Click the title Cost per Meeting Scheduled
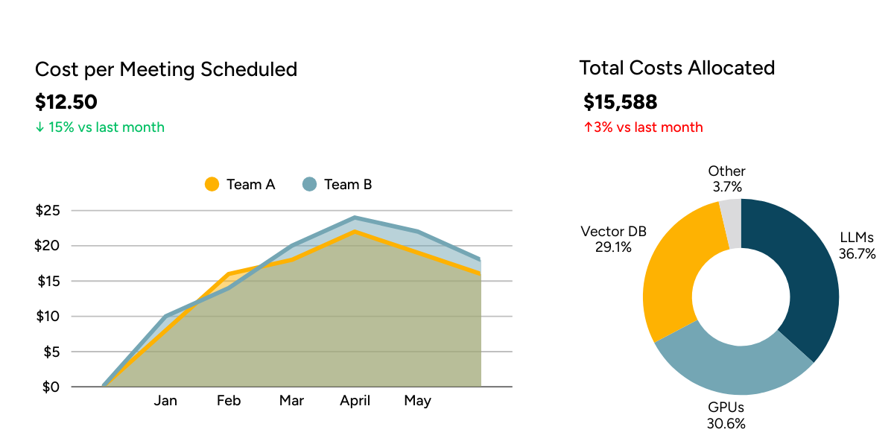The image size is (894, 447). pyautogui.click(x=166, y=69)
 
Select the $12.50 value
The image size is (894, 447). pyautogui.click(x=66, y=102)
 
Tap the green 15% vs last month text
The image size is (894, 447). pyautogui.click(x=100, y=127)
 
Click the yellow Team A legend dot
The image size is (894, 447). pyautogui.click(x=212, y=184)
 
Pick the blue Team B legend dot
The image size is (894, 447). pyautogui.click(x=310, y=184)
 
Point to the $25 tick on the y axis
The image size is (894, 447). pyautogui.click(x=48, y=210)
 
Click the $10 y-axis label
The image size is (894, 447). pyautogui.click(x=48, y=316)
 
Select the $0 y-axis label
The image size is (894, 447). pyautogui.click(x=51, y=387)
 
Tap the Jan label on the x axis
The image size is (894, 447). pyautogui.click(x=165, y=401)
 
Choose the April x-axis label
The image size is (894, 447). pyautogui.click(x=355, y=401)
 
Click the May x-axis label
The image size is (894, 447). pyautogui.click(x=417, y=401)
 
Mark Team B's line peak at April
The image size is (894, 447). pyautogui.click(x=355, y=218)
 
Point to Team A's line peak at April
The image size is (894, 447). pyautogui.click(x=355, y=231)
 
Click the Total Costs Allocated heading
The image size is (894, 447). pyautogui.click(x=677, y=68)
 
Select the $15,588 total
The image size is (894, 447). pyautogui.click(x=621, y=102)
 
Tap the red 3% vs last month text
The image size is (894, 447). pyautogui.click(x=643, y=127)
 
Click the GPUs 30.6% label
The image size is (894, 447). pyautogui.click(x=726, y=416)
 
